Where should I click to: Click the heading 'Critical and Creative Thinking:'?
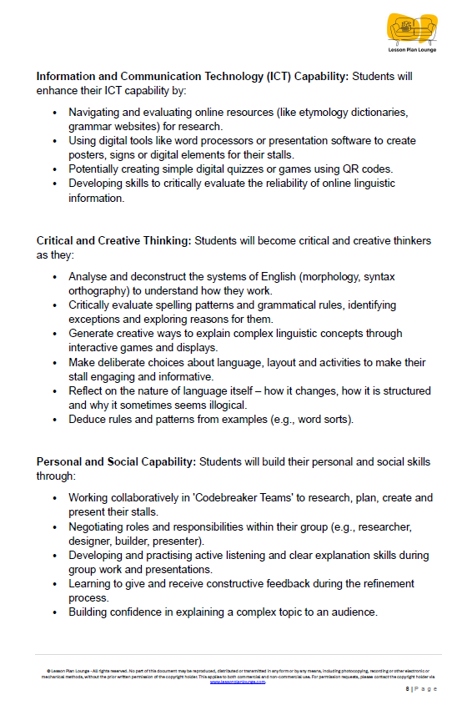tap(113, 241)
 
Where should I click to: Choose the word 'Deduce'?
tap(88, 419)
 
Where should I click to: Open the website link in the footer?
tap(237, 682)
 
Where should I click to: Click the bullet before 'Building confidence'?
tap(55, 612)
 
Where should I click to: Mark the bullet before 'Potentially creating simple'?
tap(55, 169)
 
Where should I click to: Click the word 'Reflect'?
tap(88, 390)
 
